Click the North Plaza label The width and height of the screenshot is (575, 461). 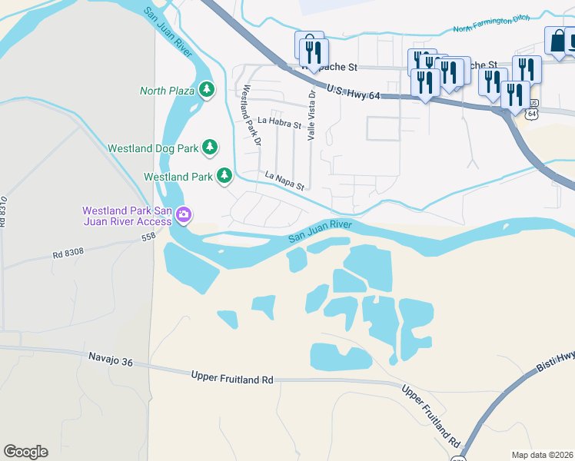pyautogui.click(x=166, y=91)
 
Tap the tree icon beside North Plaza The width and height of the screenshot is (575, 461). pyautogui.click(x=206, y=90)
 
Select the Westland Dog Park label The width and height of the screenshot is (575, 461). pyautogui.click(x=153, y=148)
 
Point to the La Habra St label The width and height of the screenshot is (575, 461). pyautogui.click(x=279, y=121)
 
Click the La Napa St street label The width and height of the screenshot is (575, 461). pyautogui.click(x=285, y=181)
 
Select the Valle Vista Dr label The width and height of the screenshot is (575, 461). pyautogui.click(x=312, y=114)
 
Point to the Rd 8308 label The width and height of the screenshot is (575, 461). pyautogui.click(x=68, y=251)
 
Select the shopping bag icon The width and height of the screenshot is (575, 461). pyautogui.click(x=555, y=40)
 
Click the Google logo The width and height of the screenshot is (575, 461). pyautogui.click(x=25, y=452)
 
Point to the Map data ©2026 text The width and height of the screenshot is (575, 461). pyautogui.click(x=542, y=455)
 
